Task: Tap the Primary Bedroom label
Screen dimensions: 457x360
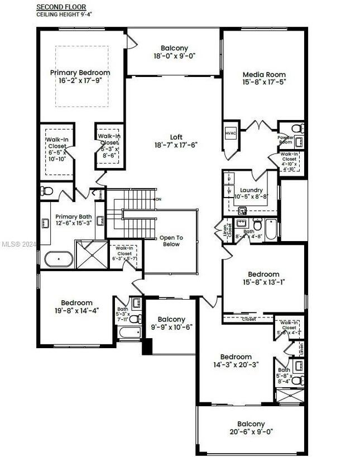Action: click(x=80, y=76)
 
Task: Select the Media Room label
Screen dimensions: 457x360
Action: click(x=264, y=78)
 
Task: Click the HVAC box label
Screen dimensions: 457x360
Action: click(x=231, y=134)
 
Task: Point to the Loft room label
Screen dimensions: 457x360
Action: click(x=176, y=141)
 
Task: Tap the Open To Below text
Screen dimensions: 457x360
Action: click(x=171, y=241)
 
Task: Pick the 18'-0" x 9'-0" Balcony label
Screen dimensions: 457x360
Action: click(x=175, y=52)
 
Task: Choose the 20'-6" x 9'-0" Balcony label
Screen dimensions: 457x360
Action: click(x=251, y=427)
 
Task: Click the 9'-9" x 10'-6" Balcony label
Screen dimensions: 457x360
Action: click(x=171, y=323)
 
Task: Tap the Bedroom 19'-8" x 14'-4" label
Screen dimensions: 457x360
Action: click(x=76, y=307)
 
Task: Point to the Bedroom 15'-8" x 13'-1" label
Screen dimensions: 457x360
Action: click(x=263, y=278)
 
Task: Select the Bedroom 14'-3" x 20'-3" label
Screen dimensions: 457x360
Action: click(x=236, y=360)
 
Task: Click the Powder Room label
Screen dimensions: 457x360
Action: click(x=286, y=139)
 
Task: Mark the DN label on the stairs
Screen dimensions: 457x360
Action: click(x=159, y=199)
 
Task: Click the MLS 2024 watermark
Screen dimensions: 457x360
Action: click(x=17, y=244)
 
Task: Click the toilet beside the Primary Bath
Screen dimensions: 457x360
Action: click(x=48, y=192)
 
